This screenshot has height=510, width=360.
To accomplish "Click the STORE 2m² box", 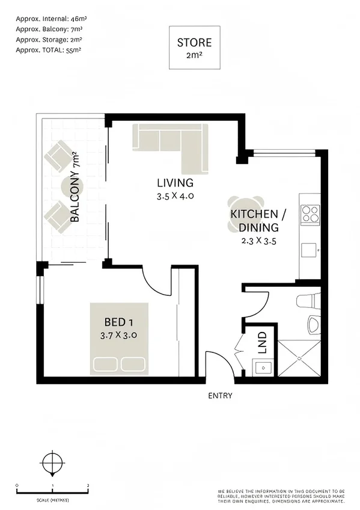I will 195,47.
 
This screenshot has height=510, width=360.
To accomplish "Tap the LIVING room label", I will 175,183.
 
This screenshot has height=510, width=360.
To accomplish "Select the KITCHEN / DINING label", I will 254,221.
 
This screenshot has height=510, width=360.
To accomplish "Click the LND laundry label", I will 262,342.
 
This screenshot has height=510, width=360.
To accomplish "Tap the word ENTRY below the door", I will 219,396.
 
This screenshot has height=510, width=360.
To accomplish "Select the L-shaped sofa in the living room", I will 174,143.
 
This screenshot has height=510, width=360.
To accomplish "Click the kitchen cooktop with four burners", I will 310,214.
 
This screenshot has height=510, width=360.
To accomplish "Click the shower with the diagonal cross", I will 299,358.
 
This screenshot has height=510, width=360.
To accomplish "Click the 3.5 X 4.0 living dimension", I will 175,196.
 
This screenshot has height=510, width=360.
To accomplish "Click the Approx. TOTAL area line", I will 48,50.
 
